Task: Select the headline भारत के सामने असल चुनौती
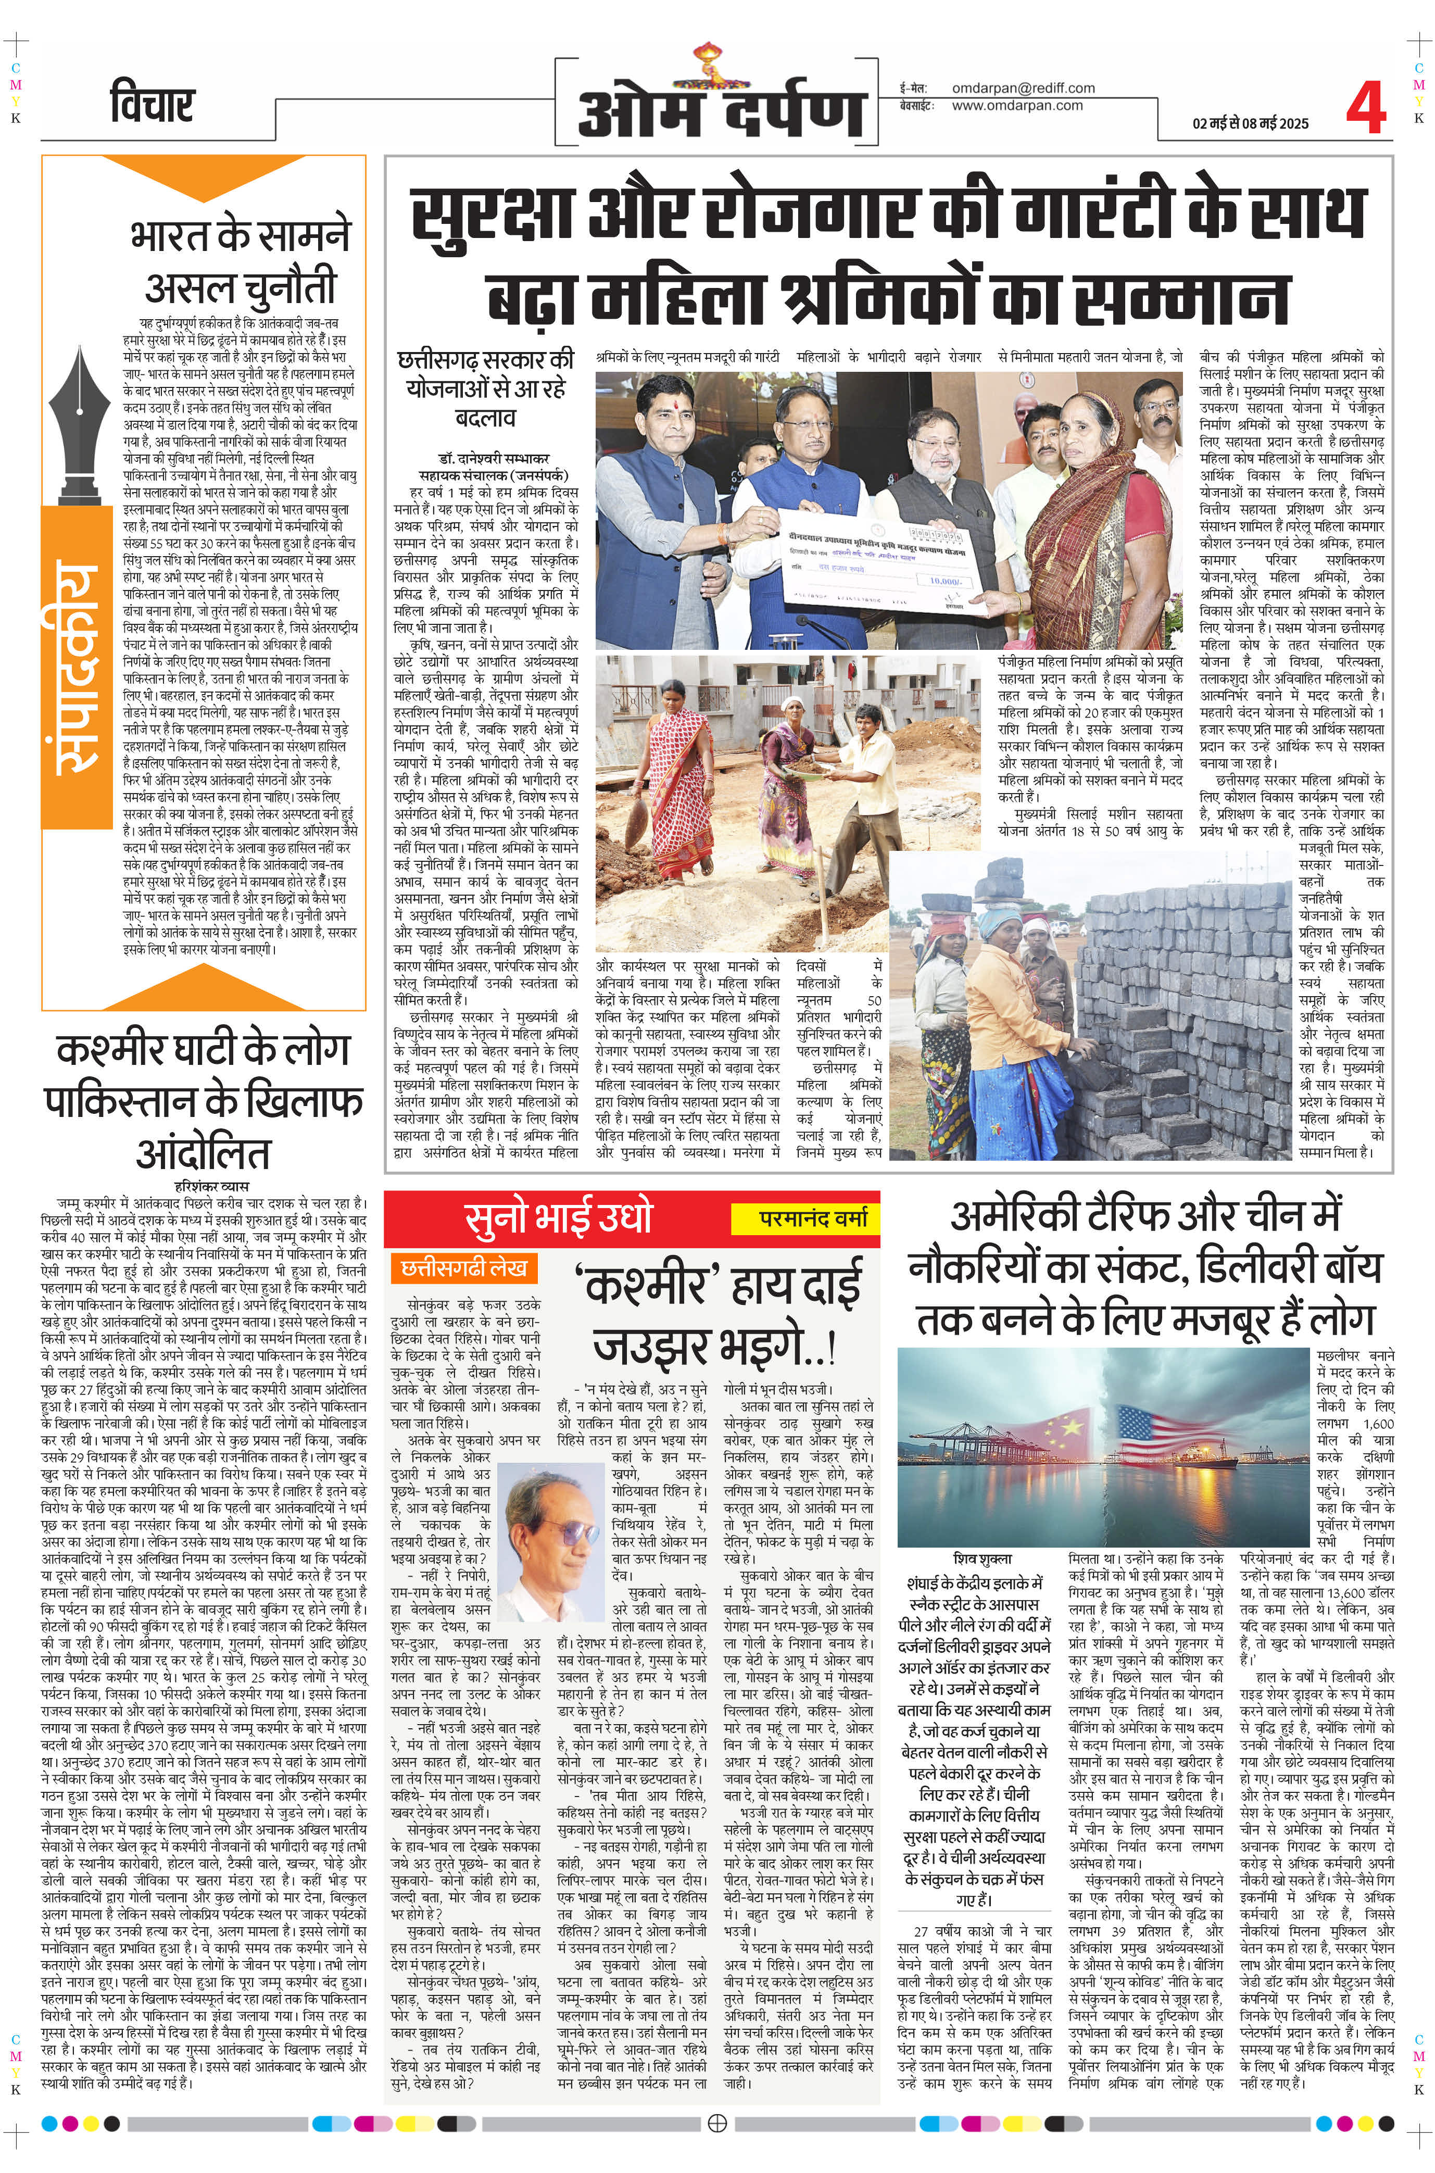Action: click(241, 261)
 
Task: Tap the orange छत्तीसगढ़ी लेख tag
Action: click(462, 1268)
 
